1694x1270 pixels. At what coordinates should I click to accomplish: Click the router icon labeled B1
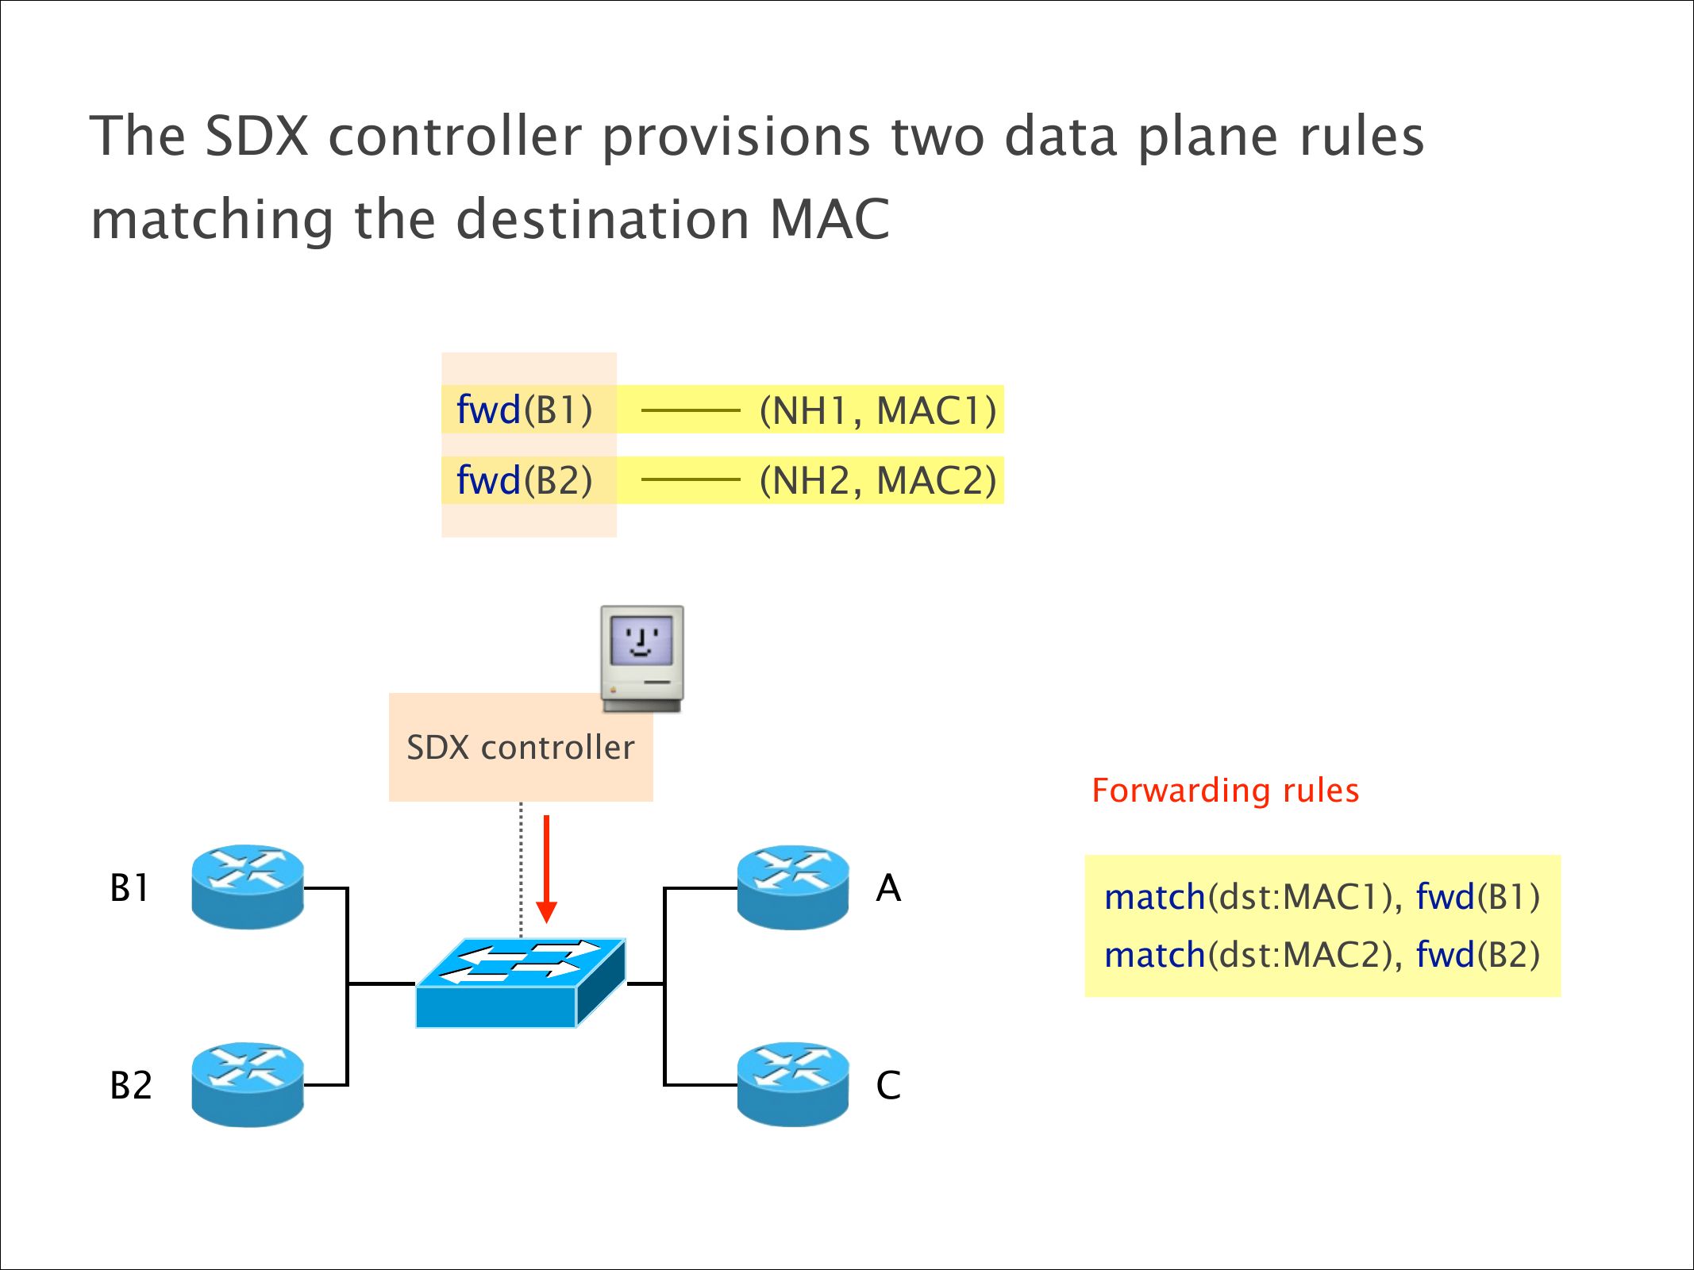click(248, 887)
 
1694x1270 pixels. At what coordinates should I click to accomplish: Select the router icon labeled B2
click(248, 1084)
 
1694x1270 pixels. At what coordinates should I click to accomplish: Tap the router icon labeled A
click(793, 887)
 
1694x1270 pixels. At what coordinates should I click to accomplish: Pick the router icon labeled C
click(793, 1084)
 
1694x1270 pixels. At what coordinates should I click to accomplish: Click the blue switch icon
click(521, 983)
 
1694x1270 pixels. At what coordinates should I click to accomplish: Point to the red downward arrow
click(546, 868)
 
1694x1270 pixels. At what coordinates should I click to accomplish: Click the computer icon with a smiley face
click(642, 658)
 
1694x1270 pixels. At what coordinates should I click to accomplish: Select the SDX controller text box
click(521, 748)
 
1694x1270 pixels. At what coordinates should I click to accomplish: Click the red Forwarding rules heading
click(1225, 791)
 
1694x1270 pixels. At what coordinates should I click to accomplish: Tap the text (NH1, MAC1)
click(877, 410)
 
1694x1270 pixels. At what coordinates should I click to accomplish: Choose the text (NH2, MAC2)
click(877, 480)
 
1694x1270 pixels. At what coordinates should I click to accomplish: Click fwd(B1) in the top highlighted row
click(525, 410)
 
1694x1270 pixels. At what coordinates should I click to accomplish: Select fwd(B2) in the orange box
click(525, 480)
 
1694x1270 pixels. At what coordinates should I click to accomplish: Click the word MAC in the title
click(830, 219)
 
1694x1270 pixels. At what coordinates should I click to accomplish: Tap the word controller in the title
click(455, 137)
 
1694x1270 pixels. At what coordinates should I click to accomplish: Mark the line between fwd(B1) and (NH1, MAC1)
click(690, 410)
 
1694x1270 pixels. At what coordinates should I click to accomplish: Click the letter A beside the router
click(888, 887)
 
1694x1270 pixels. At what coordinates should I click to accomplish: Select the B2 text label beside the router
click(131, 1085)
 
